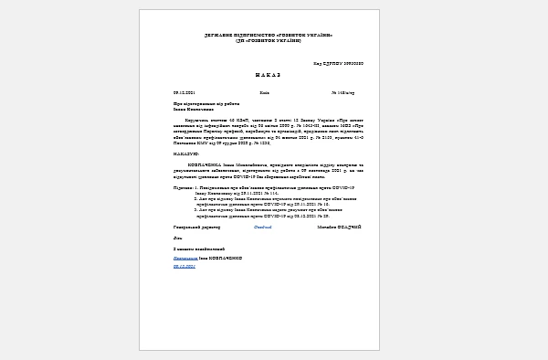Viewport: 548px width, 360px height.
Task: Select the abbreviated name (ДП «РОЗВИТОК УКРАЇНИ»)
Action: [x=268, y=41]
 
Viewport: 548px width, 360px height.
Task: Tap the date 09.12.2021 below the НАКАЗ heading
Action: [x=184, y=93]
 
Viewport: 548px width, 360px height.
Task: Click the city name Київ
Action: [x=264, y=93]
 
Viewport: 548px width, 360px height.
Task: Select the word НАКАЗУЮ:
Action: [x=186, y=154]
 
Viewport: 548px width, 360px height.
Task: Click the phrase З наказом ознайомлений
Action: [x=199, y=248]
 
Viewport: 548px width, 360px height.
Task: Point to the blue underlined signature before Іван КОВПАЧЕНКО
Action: [x=186, y=258]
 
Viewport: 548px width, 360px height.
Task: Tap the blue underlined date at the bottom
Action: [x=184, y=266]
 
